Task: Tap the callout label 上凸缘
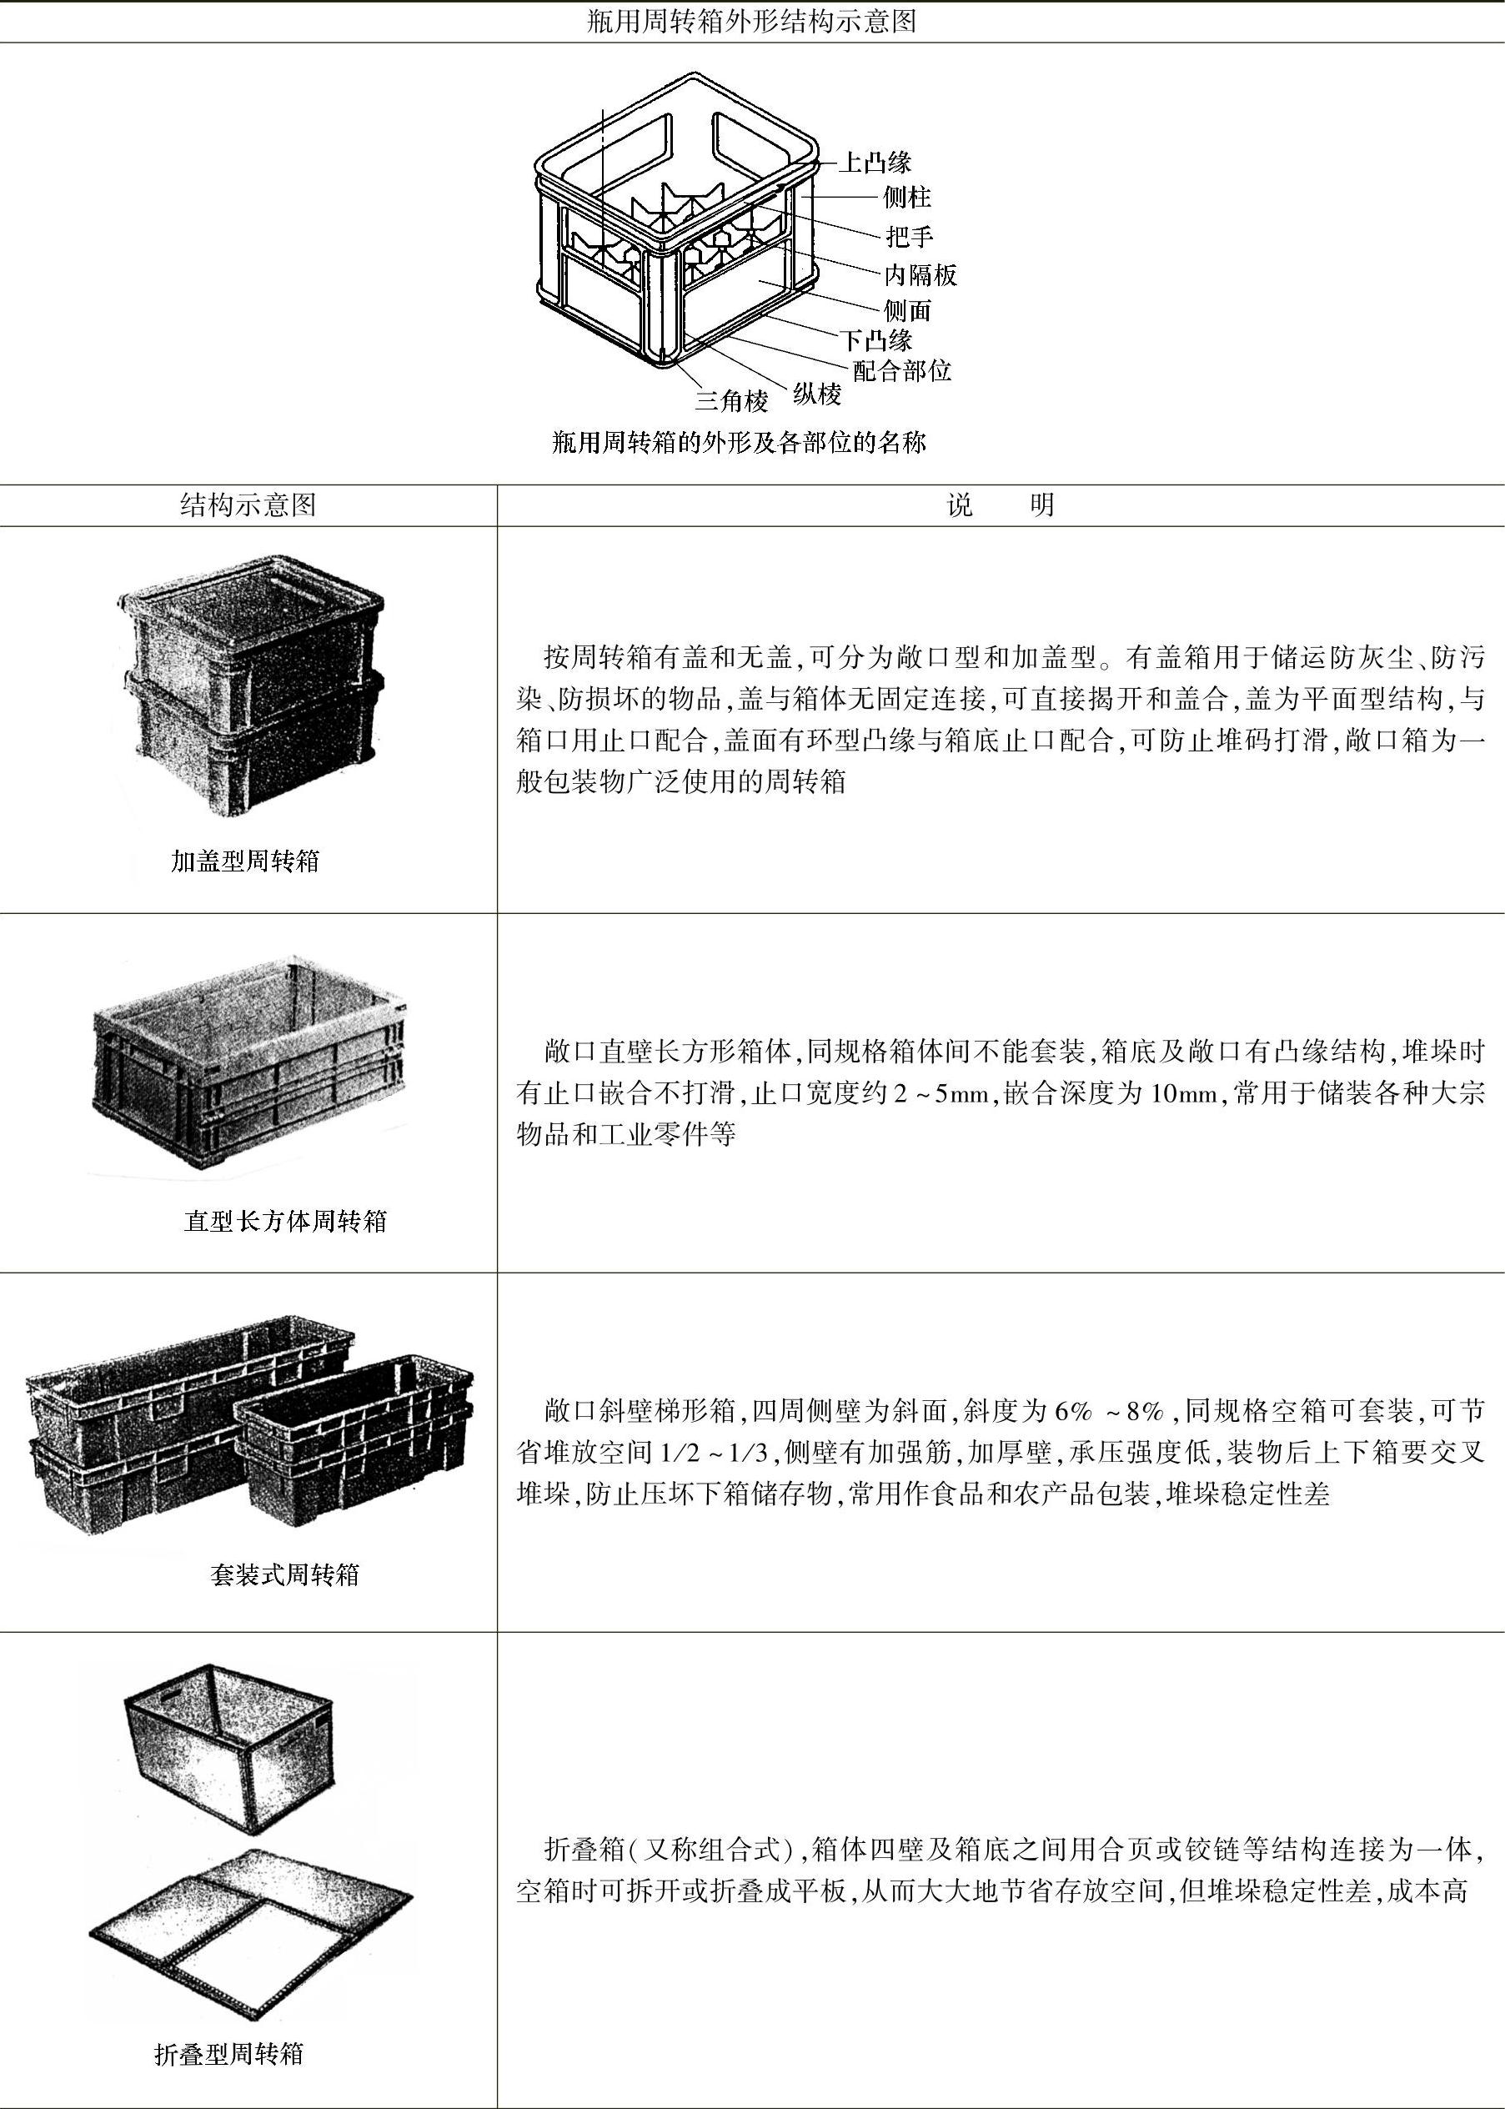[x=875, y=163]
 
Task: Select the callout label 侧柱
[x=906, y=198]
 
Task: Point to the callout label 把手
[x=909, y=236]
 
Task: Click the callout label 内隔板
[x=920, y=274]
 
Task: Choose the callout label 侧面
[x=906, y=310]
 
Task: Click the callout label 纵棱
[x=816, y=394]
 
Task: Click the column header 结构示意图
[x=248, y=505]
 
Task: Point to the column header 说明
[x=1000, y=505]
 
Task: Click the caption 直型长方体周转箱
[x=285, y=1220]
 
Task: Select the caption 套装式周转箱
[x=284, y=1574]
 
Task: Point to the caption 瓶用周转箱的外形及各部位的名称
[x=739, y=442]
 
